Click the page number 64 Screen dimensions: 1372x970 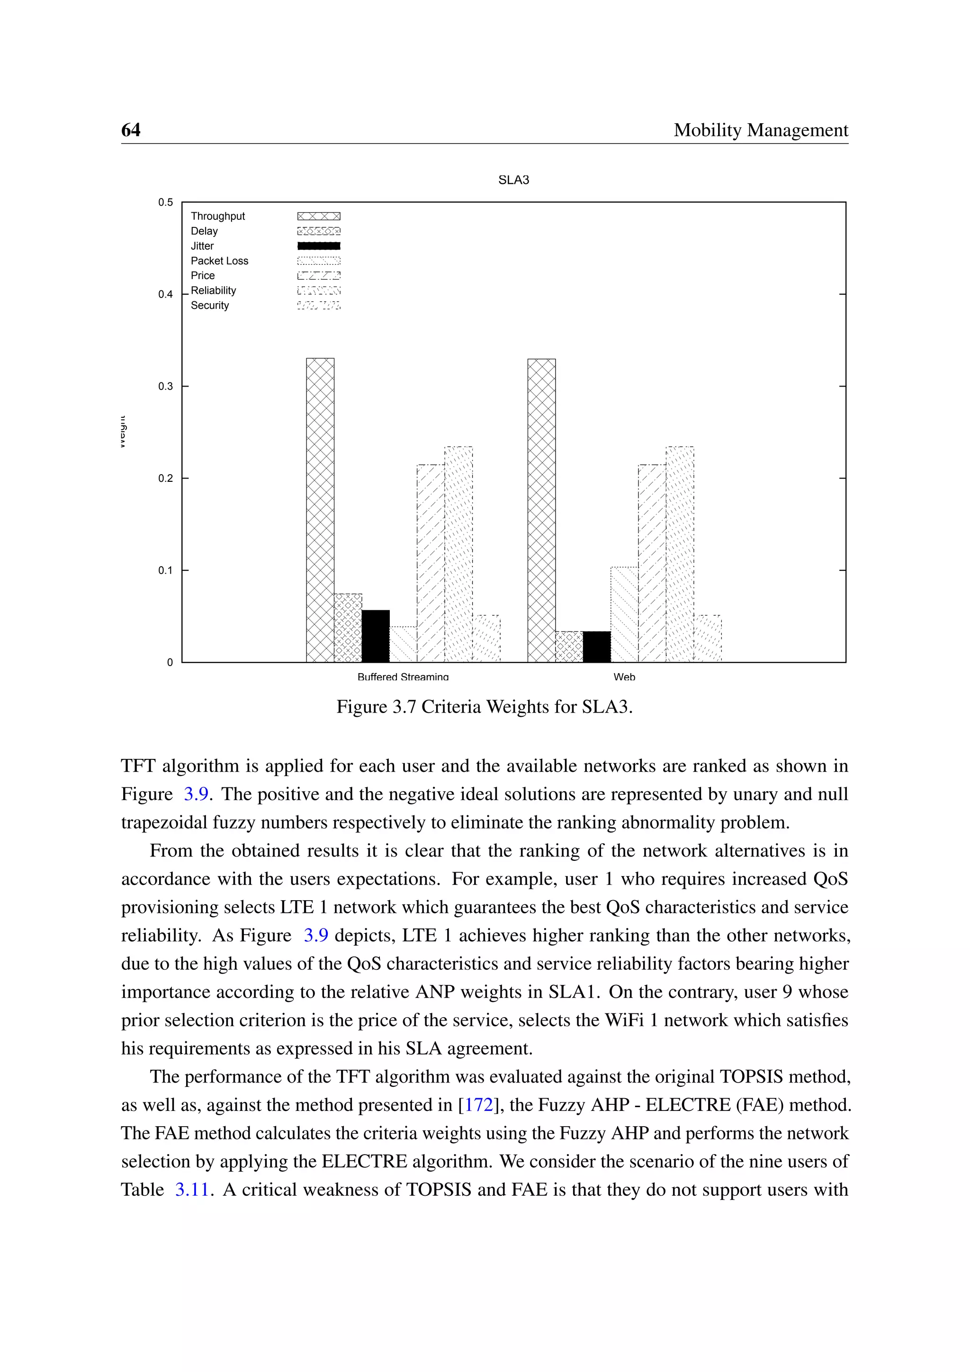[131, 130]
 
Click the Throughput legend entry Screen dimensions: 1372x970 [218, 217]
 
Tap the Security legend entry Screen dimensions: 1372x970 [210, 306]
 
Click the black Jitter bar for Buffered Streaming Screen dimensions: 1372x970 [376, 636]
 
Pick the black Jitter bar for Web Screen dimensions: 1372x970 [597, 647]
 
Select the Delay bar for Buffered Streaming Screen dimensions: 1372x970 [348, 627]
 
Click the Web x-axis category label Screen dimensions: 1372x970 [624, 677]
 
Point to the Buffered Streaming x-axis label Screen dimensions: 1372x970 [403, 677]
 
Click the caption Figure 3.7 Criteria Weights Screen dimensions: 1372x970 [485, 707]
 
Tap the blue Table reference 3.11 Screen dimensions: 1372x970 [192, 1189]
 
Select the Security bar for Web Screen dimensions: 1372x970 [707, 638]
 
